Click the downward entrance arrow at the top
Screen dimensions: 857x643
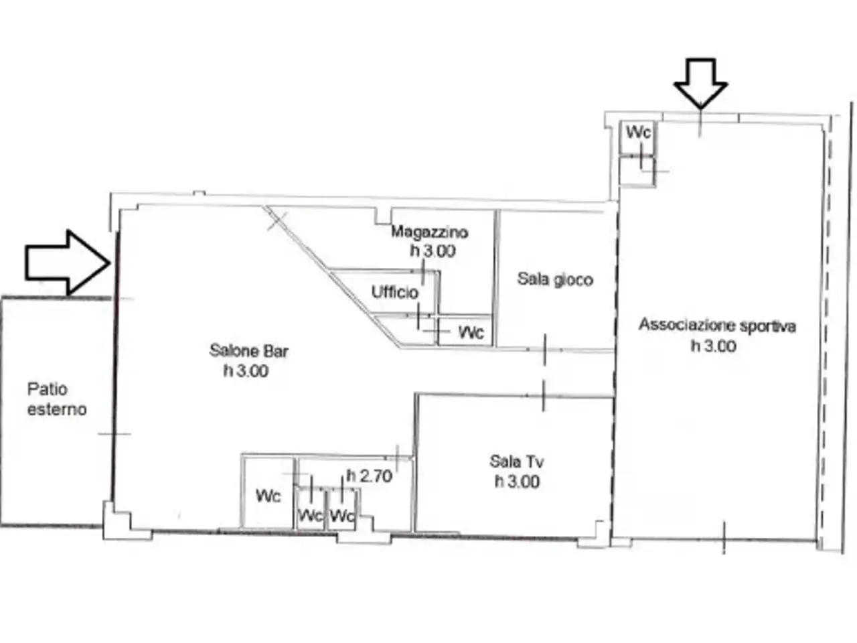[x=700, y=83]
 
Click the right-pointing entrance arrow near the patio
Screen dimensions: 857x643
[x=68, y=263]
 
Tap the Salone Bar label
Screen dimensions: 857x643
[x=248, y=350]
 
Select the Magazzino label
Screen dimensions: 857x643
[x=429, y=232]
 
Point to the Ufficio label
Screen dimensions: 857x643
[x=395, y=292]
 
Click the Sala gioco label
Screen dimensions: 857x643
[x=555, y=279]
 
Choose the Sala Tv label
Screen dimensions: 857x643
[x=516, y=461]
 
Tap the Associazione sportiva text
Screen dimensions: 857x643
[x=717, y=326]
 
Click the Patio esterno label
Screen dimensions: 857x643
[x=57, y=399]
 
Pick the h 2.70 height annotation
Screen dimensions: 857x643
[x=370, y=476]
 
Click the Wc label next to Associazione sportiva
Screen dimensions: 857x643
[x=639, y=133]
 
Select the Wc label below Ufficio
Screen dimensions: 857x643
[x=471, y=332]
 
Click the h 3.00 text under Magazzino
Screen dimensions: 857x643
[x=433, y=251]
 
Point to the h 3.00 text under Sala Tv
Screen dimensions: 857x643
[x=517, y=482]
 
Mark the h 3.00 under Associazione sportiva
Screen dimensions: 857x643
[x=714, y=346]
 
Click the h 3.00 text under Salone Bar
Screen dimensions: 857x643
[x=246, y=370]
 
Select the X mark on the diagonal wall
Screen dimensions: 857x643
[x=277, y=220]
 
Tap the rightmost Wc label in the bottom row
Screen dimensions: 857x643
[x=342, y=516]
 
